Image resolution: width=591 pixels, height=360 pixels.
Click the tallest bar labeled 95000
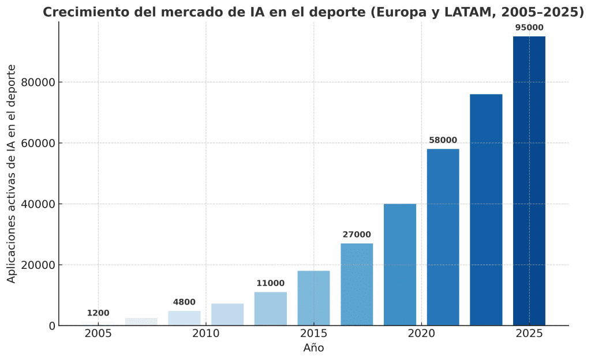[x=529, y=181]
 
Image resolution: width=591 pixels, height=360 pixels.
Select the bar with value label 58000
[x=443, y=237]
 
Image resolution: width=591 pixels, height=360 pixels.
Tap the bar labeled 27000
[x=357, y=284]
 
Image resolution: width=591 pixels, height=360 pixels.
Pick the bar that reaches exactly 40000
[x=399, y=265]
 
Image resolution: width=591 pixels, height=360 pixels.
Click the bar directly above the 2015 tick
[x=313, y=298]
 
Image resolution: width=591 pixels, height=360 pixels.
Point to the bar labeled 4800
[x=184, y=318]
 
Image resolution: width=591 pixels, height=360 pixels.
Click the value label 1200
[x=98, y=313]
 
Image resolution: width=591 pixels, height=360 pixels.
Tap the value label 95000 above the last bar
[x=529, y=28]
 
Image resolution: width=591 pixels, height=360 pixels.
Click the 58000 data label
[x=443, y=140]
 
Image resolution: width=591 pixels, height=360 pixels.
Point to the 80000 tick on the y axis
[x=38, y=82]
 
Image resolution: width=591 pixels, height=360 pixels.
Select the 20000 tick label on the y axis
[x=38, y=265]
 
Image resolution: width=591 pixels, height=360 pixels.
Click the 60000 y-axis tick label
[x=38, y=144]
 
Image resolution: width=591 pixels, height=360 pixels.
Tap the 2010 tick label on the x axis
[x=205, y=334]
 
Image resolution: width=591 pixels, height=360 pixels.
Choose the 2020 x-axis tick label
[x=421, y=334]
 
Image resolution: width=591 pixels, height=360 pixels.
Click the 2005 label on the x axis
[x=98, y=334]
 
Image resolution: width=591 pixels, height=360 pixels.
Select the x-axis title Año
[x=313, y=348]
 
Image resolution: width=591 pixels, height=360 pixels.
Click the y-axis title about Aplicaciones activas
[x=12, y=173]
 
